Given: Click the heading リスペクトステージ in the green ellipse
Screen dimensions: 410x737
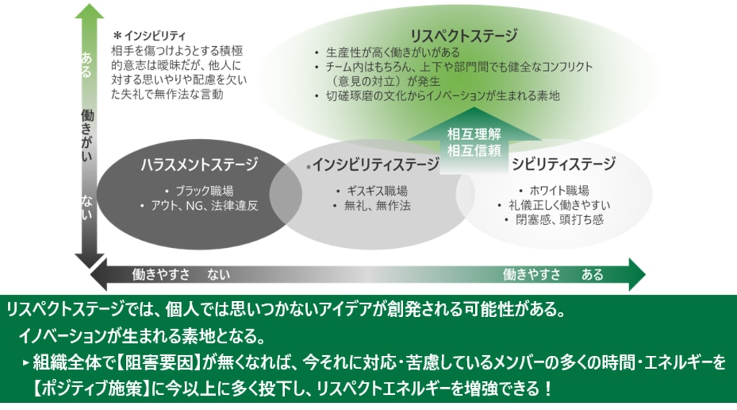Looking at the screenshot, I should (464, 35).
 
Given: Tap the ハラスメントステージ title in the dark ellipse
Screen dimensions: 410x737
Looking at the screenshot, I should (199, 165).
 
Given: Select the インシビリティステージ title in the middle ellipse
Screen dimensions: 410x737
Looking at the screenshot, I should (373, 165).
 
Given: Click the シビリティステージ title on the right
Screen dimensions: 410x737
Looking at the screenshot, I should (564, 165).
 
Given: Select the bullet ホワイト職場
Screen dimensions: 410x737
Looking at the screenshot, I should (558, 191).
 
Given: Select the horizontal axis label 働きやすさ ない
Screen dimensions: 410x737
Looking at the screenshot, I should (181, 275).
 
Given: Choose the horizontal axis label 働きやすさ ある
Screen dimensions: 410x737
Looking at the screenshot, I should (553, 275).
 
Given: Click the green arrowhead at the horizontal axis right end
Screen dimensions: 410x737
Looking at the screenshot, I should (635, 274).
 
